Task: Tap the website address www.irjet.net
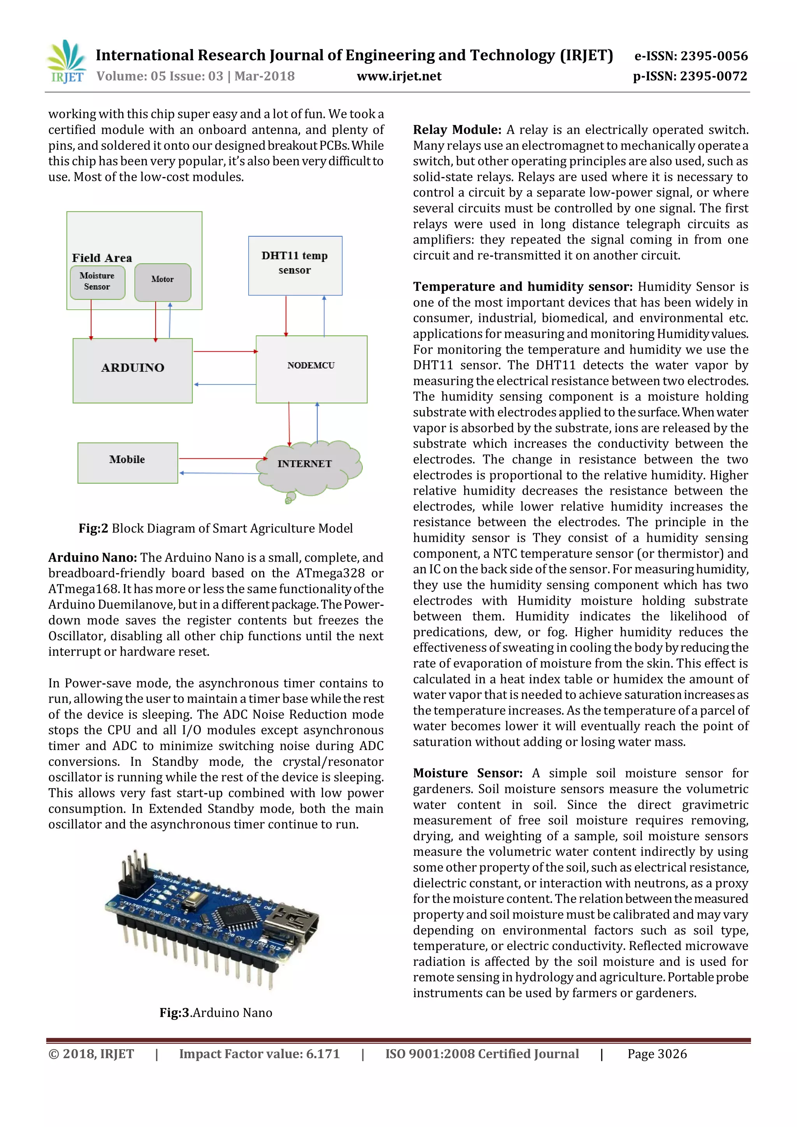click(398, 76)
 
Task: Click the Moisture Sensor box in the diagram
click(97, 282)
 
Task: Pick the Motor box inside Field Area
click(162, 282)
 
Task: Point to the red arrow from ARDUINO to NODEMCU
click(225, 351)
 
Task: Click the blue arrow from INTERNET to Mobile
click(218, 473)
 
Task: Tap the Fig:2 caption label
click(93, 528)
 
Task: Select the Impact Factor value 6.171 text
click(259, 1054)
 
